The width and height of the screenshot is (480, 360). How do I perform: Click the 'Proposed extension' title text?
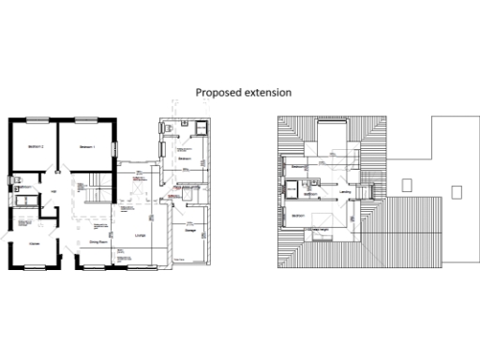click(x=243, y=93)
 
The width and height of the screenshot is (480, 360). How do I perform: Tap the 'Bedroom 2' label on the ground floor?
click(x=32, y=148)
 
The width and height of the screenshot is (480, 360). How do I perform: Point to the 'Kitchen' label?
click(x=34, y=242)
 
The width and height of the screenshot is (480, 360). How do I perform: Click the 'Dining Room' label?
click(x=97, y=242)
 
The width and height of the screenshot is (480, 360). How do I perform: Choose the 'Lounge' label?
click(x=141, y=235)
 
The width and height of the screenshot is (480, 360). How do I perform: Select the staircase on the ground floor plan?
click(x=95, y=181)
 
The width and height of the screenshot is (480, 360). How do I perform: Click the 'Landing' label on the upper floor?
click(x=345, y=194)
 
